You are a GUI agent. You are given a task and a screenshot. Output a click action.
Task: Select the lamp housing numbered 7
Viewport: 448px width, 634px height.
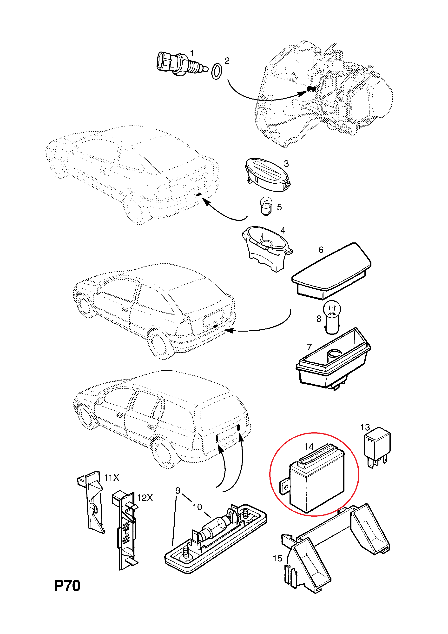[333, 361]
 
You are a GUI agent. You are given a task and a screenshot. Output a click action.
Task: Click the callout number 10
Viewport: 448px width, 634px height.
[197, 507]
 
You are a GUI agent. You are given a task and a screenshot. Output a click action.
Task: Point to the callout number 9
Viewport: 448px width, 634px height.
[178, 491]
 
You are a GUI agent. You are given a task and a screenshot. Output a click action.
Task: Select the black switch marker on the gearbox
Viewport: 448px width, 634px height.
[311, 88]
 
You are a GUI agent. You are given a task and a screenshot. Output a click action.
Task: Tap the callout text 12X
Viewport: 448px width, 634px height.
[145, 498]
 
